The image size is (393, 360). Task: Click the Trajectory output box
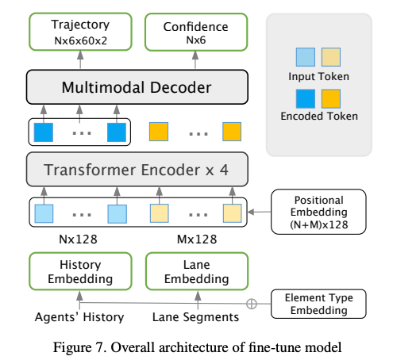pos(79,32)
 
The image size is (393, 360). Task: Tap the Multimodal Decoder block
pos(137,87)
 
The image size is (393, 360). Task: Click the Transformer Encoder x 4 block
pos(137,170)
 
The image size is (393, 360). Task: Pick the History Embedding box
pos(79,271)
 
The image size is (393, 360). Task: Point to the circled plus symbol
pos(252,304)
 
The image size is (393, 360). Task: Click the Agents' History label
pos(79,317)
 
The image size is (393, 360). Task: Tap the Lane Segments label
pos(195,317)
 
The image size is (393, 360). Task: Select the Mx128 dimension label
pos(195,239)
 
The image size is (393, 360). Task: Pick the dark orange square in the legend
pos(332,98)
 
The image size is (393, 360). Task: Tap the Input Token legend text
pos(318,76)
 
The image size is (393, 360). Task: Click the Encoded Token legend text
pos(318,117)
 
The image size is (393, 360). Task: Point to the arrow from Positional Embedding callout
pos(258,213)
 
